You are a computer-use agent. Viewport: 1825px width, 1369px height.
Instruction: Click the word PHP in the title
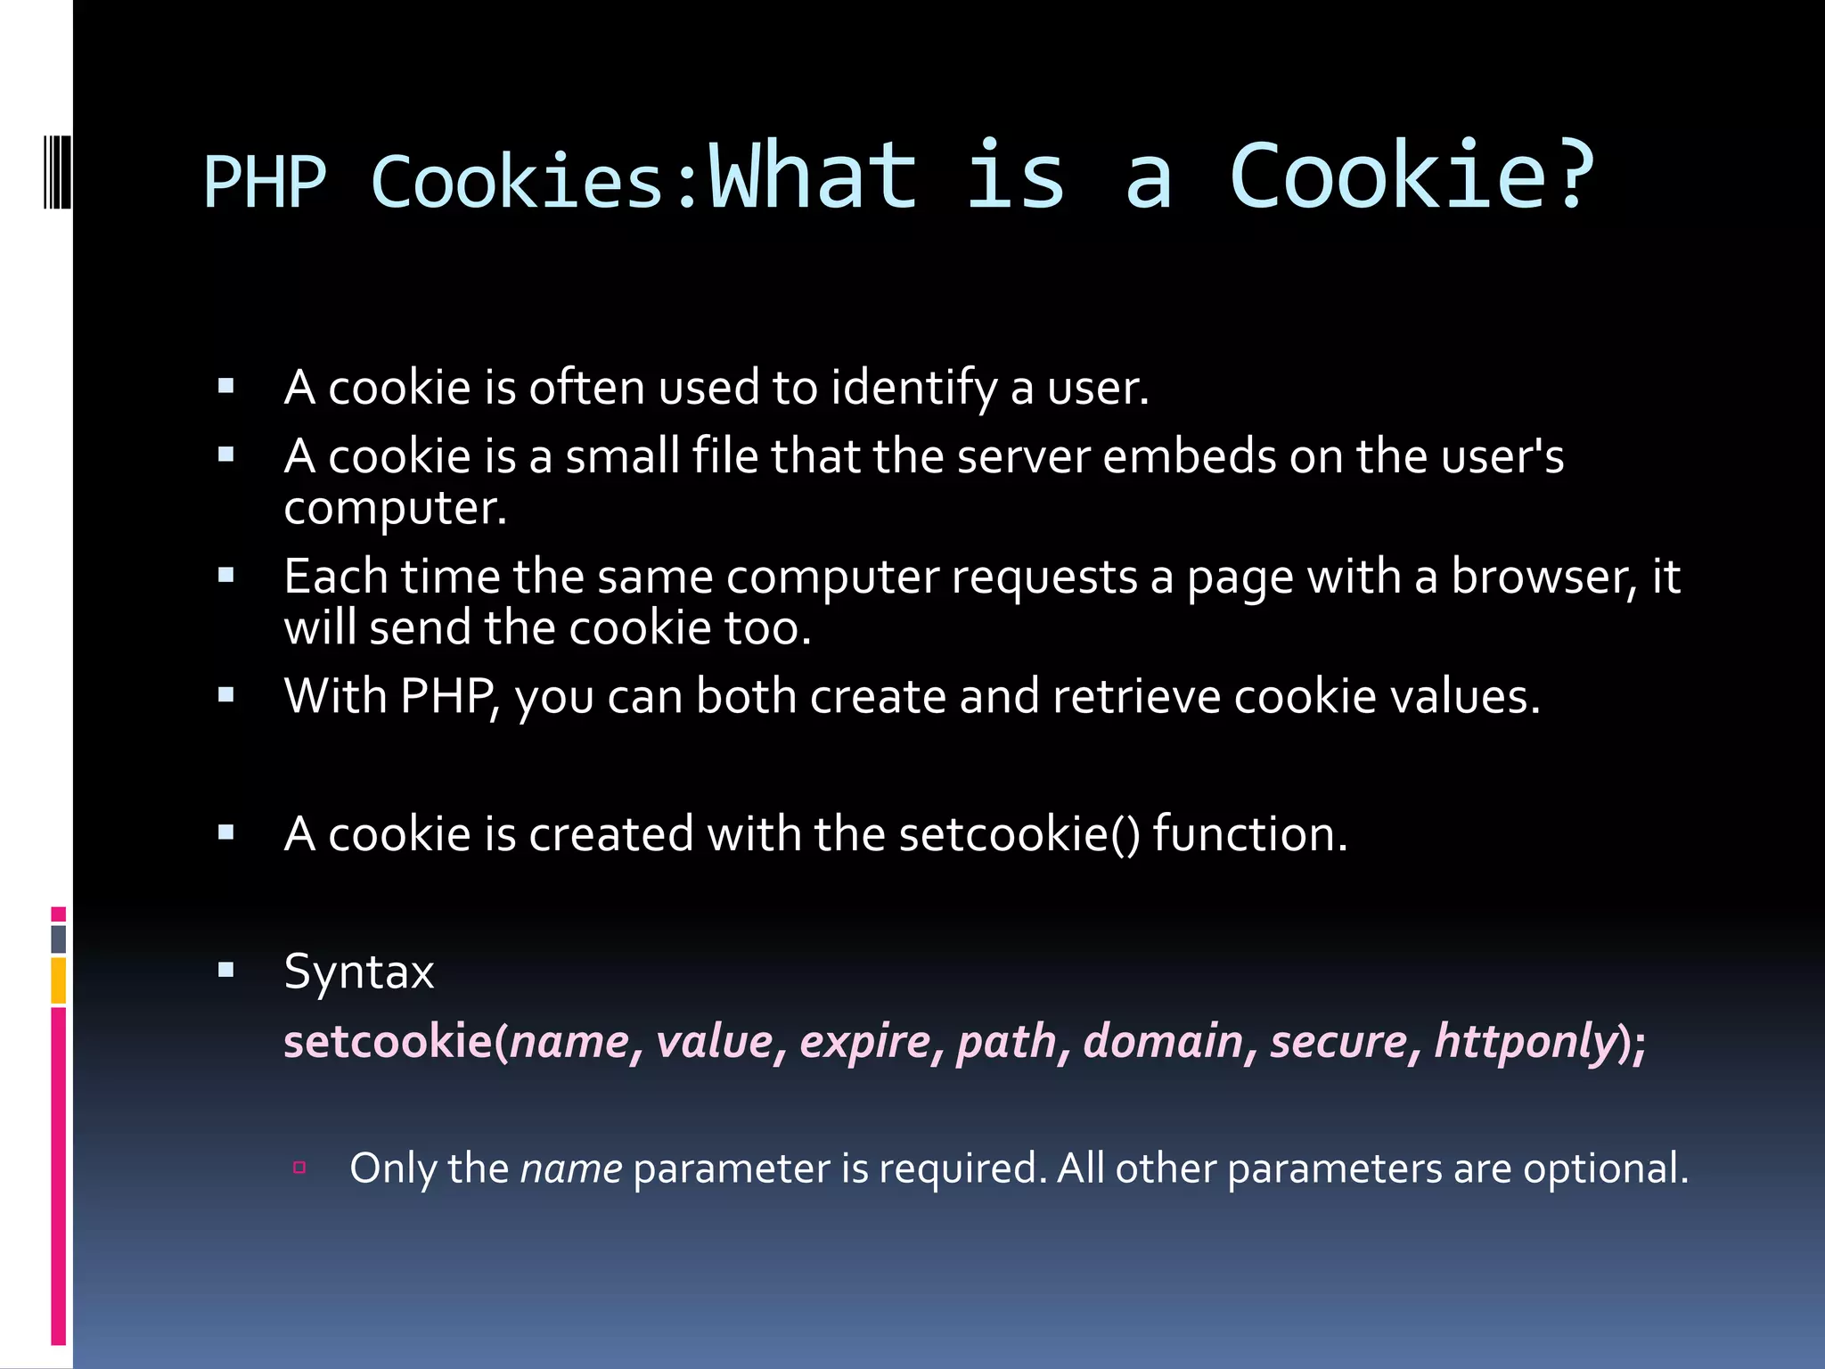point(265,183)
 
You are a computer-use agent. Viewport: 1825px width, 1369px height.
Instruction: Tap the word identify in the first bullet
point(913,389)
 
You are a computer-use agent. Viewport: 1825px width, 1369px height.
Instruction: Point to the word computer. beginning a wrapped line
point(395,509)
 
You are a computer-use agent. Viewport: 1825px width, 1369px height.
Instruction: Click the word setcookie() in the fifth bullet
point(1019,834)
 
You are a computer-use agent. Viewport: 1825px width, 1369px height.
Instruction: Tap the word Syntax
point(358,971)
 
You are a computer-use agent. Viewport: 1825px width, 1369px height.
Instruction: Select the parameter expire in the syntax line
point(865,1041)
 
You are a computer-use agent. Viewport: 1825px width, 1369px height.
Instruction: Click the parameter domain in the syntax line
point(1163,1041)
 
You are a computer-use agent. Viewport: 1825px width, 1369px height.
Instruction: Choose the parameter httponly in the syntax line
point(1526,1041)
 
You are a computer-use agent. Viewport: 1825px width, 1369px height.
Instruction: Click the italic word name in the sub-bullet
point(571,1168)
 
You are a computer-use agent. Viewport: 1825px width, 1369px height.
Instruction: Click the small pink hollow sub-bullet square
point(299,1168)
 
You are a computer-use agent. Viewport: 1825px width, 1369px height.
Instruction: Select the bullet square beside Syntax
point(226,970)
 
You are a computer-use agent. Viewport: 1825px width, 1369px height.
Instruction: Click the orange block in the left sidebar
point(59,980)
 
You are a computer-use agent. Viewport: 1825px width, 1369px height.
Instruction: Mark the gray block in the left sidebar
point(59,939)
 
